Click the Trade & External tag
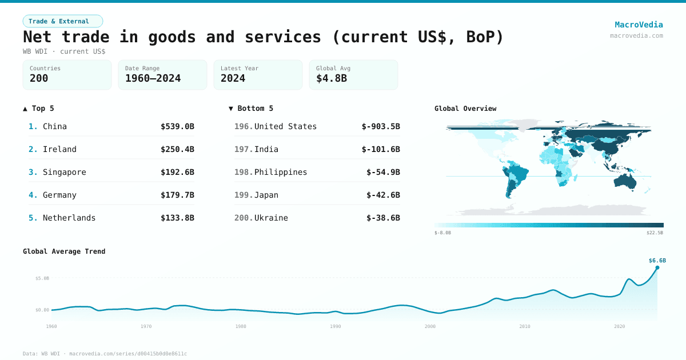(62, 21)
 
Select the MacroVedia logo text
(639, 25)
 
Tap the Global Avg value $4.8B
(332, 78)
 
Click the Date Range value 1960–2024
(153, 78)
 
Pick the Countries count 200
(39, 78)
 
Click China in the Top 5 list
(55, 126)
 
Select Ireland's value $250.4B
(177, 149)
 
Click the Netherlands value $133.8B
(177, 218)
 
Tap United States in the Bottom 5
(285, 126)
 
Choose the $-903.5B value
(381, 126)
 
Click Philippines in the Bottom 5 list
(281, 172)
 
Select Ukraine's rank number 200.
(243, 218)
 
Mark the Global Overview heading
(465, 109)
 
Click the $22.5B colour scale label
(655, 233)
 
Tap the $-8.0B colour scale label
(442, 233)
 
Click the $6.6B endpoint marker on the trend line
(657, 267)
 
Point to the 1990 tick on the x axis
(336, 326)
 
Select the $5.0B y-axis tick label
(43, 278)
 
